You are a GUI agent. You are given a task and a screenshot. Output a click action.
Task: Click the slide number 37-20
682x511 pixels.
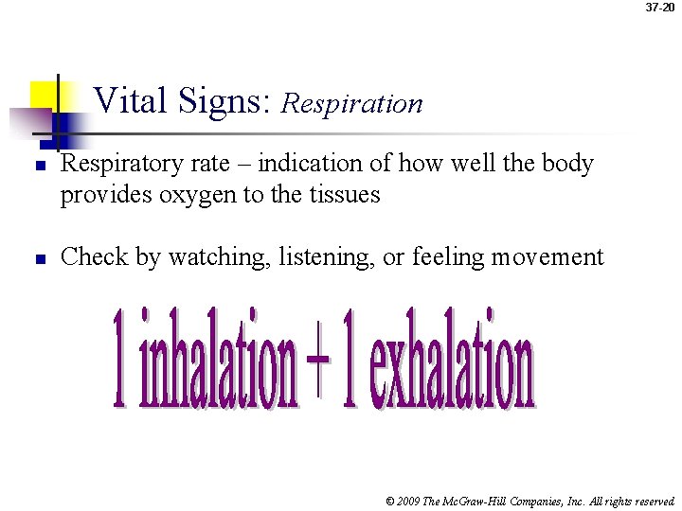click(661, 8)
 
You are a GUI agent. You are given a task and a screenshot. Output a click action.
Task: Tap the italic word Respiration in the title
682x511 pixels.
click(352, 103)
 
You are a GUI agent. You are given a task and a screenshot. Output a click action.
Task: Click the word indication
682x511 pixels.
click(308, 164)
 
